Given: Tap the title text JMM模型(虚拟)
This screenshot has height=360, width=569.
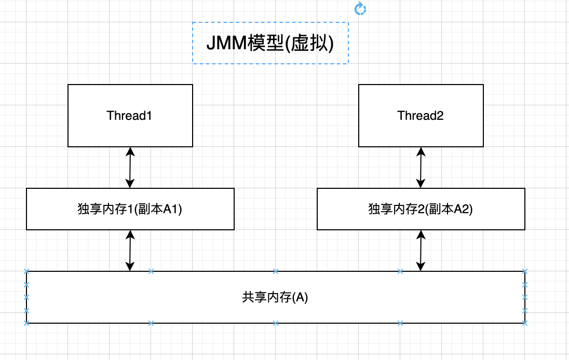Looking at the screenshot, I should [x=270, y=43].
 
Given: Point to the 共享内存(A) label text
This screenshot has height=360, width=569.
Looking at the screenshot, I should [x=275, y=297].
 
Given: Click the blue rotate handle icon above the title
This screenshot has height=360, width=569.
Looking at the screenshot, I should [x=360, y=8].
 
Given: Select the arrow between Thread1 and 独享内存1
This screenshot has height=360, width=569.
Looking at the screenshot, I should [x=130, y=167].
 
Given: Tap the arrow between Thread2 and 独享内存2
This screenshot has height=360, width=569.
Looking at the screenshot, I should [x=421, y=167].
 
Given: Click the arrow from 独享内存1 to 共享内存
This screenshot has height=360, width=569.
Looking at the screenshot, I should [x=130, y=250].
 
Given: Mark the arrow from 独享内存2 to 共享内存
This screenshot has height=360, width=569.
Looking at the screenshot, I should [x=421, y=250].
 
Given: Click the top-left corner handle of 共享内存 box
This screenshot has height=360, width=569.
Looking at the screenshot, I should [x=26, y=271].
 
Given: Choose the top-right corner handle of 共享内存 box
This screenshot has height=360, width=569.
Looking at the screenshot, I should [x=525, y=271].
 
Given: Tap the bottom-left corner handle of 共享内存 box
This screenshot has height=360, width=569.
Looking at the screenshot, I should [x=26, y=323].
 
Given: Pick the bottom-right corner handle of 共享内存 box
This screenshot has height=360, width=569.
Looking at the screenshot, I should [x=525, y=323].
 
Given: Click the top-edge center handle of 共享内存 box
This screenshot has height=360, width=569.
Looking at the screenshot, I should [x=276, y=271].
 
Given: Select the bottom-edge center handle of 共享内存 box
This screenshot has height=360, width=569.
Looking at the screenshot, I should [x=276, y=323].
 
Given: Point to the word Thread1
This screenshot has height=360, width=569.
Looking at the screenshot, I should [x=130, y=115].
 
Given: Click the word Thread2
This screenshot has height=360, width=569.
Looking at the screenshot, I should [x=421, y=115].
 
